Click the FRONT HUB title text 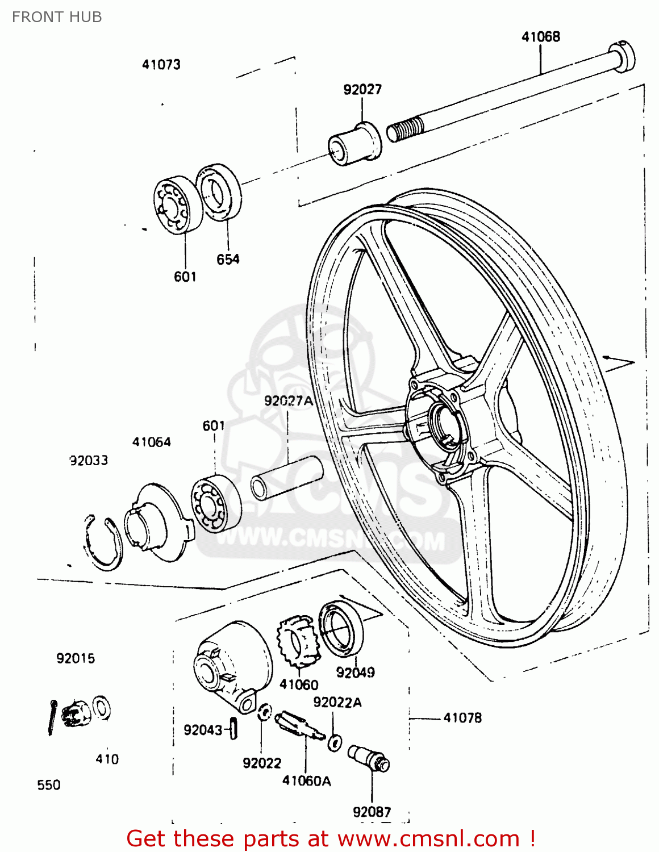pyautogui.click(x=57, y=17)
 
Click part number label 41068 pyautogui.click(x=540, y=37)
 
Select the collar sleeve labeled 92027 pyautogui.click(x=355, y=144)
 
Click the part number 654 pyautogui.click(x=228, y=260)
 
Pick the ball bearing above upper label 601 pyautogui.click(x=178, y=204)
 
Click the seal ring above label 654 pyautogui.click(x=219, y=192)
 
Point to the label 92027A pyautogui.click(x=288, y=401)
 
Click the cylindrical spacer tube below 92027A pyautogui.click(x=287, y=478)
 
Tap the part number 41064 pyautogui.click(x=151, y=442)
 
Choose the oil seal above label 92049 pyautogui.click(x=341, y=628)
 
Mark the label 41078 pyautogui.click(x=462, y=718)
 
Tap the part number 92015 pyautogui.click(x=76, y=658)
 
